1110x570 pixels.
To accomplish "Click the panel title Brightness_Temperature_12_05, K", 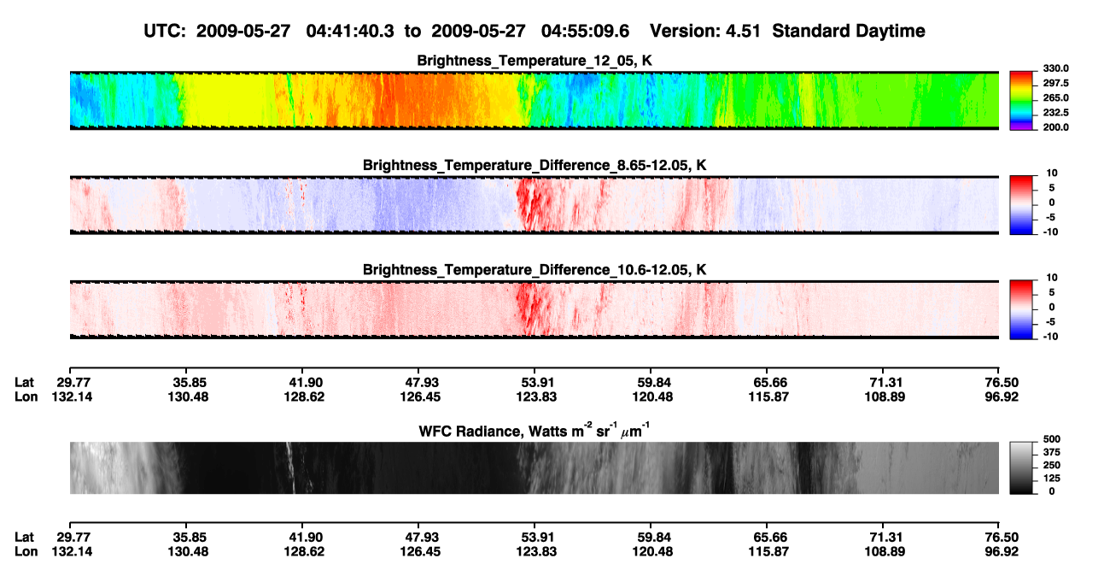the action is (x=535, y=61).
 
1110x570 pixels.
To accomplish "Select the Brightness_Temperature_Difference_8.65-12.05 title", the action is (x=535, y=165).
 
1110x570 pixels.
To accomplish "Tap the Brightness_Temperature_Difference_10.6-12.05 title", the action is (x=535, y=270).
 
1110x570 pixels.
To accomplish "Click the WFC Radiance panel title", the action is (x=535, y=431).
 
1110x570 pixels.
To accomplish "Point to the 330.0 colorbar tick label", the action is (x=1055, y=68).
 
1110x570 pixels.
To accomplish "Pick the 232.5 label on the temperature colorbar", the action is (x=1055, y=113).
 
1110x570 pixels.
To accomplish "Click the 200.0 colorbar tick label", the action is (x=1055, y=127).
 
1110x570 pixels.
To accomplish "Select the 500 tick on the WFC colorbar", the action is (x=1052, y=439).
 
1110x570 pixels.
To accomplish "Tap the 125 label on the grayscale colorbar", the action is (x=1052, y=479).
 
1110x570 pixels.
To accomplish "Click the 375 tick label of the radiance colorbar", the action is (x=1052, y=452).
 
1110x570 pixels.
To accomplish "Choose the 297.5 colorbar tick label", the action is (x=1055, y=84).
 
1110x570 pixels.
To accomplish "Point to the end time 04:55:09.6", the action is (x=585, y=32).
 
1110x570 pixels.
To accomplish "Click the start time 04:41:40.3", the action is (x=350, y=32).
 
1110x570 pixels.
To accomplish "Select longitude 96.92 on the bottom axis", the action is (x=1002, y=552).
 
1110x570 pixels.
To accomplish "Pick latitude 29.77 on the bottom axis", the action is (x=73, y=538).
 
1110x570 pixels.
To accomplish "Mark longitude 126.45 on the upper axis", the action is (x=420, y=397).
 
